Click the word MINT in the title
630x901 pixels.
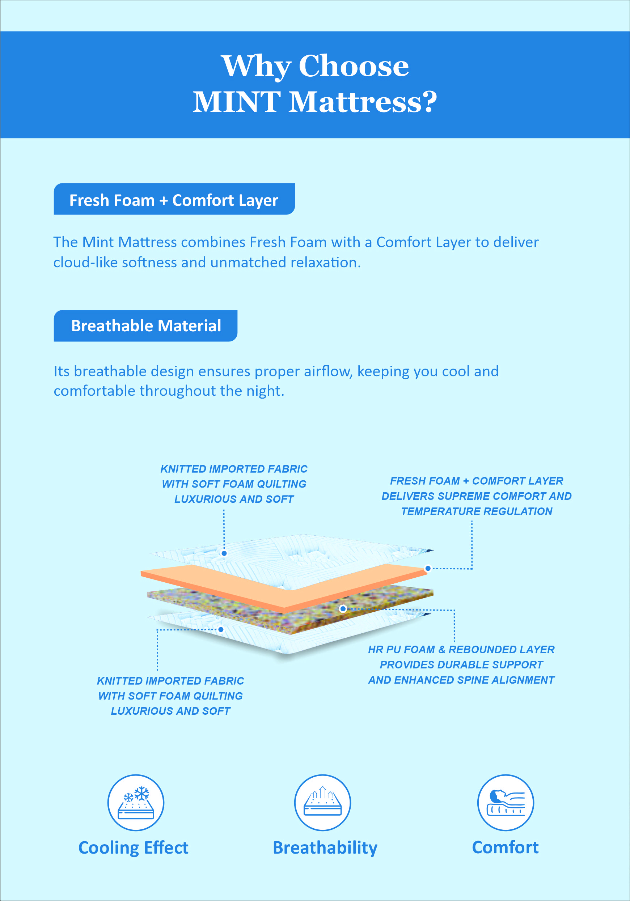[237, 102]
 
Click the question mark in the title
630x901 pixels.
[430, 102]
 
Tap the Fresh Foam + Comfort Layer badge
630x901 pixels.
[174, 199]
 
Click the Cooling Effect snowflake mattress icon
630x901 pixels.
[136, 803]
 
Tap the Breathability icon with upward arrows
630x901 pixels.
[322, 803]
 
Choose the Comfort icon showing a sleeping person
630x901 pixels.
[506, 803]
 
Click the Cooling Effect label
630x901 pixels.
[134, 847]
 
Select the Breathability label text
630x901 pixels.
[325, 847]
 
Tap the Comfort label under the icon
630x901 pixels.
[505, 847]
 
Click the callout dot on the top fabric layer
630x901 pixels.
[224, 553]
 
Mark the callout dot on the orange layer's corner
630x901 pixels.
[428, 568]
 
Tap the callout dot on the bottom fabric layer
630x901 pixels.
[221, 629]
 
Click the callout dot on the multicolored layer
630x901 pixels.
[343, 609]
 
